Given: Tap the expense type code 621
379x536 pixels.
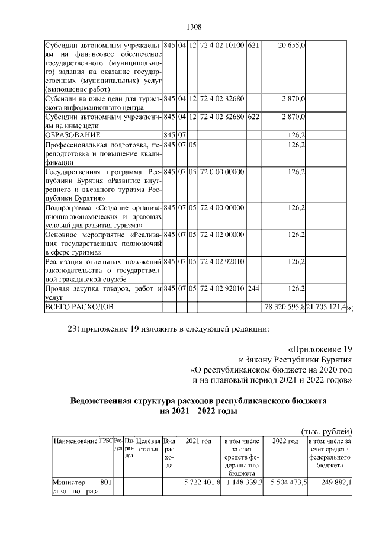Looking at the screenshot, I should (253, 46).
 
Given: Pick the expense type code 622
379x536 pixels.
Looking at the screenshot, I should (253, 117).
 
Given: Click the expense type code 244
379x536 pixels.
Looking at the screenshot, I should (253, 288).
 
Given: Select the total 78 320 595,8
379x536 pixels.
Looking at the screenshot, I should (284, 307).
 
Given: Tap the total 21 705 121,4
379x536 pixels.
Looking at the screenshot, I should (327, 307).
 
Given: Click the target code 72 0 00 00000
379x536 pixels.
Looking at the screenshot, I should (222, 172).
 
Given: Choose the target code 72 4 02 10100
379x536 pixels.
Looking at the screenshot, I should (222, 46).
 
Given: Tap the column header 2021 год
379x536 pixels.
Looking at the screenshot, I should (198, 442).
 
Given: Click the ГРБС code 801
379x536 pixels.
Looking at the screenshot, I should (106, 483).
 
